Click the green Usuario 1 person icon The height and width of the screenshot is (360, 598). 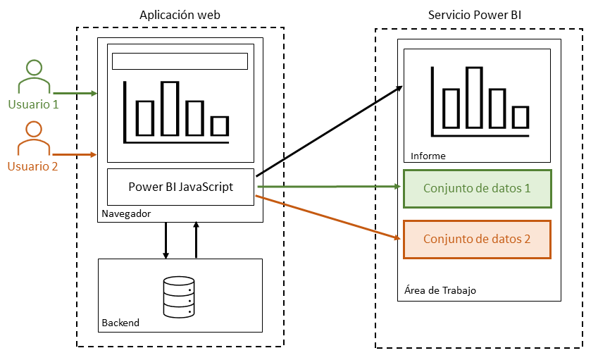coord(34,77)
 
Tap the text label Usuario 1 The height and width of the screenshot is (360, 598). coord(33,104)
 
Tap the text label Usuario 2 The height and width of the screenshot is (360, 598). coord(33,166)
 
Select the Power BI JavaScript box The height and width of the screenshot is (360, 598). coord(180,187)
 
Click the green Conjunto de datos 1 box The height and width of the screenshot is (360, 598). coord(477,189)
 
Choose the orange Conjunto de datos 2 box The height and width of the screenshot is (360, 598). coord(477,239)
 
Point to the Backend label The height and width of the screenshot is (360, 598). coord(120,323)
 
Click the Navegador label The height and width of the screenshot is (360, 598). coord(126,213)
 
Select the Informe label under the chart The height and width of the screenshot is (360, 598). coord(428,156)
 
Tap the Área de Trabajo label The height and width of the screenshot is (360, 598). coord(441,290)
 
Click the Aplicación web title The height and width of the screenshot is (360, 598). coord(180,15)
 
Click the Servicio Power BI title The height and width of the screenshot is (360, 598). coord(475,15)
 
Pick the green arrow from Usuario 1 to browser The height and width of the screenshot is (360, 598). coord(75,93)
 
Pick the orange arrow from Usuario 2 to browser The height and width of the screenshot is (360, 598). coord(75,154)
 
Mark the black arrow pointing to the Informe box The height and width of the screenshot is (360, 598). coord(330,131)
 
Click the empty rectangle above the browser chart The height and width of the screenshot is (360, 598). coord(180,61)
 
